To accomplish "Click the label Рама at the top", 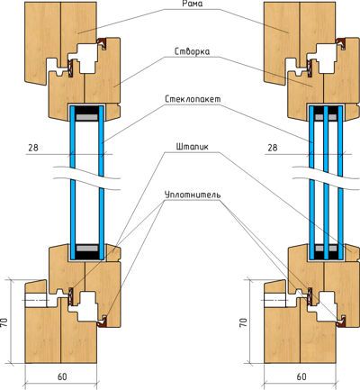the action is coord(192,4).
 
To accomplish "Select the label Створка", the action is coord(192,51).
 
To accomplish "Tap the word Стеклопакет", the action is coord(193,99).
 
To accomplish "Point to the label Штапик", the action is coord(192,147).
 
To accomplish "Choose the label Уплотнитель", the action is coord(193,195).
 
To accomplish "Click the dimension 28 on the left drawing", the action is coord(33,148).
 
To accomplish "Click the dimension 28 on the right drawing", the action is coord(273,148).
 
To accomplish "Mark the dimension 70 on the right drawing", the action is coord(245,322).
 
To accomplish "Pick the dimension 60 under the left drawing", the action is coord(62,376).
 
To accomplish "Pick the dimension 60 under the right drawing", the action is coord(301,376).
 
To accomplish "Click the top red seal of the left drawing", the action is coord(102,44).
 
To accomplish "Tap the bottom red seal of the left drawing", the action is coord(102,321).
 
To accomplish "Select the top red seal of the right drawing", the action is coord(341,44).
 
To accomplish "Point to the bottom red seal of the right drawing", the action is coord(341,321).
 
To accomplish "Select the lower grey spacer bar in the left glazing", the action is coord(86,249).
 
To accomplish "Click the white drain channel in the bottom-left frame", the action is coord(36,300).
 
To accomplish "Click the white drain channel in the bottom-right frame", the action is coord(275,300).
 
